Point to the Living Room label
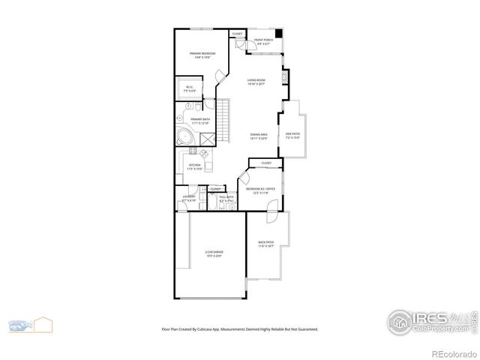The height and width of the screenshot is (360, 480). coord(257,82)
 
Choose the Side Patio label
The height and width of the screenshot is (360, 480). coord(292,136)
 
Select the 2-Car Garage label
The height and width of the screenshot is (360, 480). coord(214,253)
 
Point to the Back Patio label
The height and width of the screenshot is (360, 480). coord(266,244)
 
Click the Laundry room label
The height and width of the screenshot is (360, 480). coord(189,199)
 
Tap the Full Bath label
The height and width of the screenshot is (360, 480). coord(226,199)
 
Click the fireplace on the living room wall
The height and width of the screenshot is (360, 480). coord(284,76)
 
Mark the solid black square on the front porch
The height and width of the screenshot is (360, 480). coord(279,34)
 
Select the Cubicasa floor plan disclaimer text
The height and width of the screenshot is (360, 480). coord(239,328)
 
